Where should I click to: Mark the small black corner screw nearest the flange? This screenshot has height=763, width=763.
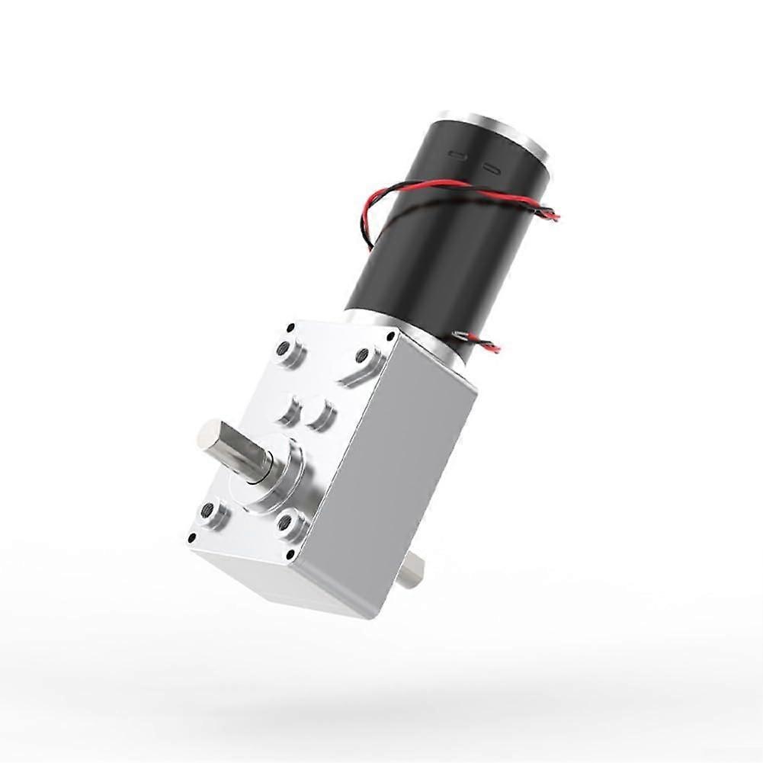click(391, 335)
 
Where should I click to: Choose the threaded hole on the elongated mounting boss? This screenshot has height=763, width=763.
click(364, 357)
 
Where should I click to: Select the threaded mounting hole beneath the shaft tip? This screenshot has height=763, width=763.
click(210, 511)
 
